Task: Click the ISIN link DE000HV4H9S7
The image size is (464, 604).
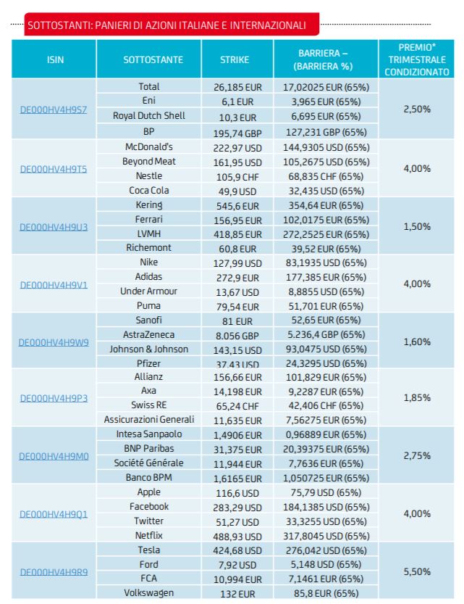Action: (54, 109)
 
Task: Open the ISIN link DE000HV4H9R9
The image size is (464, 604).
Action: (54, 572)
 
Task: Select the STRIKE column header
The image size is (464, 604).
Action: (235, 59)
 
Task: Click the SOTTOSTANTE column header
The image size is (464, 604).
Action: (153, 59)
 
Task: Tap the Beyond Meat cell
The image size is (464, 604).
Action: (149, 162)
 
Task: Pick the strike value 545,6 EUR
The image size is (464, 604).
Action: (237, 206)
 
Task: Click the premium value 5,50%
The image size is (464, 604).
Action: (417, 571)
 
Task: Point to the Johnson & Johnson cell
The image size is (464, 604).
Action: (149, 349)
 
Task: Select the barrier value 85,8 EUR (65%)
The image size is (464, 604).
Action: (326, 593)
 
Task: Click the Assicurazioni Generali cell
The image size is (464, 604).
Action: (149, 419)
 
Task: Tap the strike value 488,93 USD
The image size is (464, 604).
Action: (237, 537)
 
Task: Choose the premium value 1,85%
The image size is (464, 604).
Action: (417, 397)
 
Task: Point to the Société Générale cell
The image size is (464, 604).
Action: (149, 463)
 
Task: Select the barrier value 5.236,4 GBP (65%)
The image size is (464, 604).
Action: (326, 334)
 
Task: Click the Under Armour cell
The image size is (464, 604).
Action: (149, 291)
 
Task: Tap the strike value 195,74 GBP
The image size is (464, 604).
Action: (237, 133)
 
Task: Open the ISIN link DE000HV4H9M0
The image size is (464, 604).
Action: (54, 457)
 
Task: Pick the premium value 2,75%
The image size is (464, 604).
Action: (417, 455)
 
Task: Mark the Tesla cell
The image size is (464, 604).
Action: (149, 550)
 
